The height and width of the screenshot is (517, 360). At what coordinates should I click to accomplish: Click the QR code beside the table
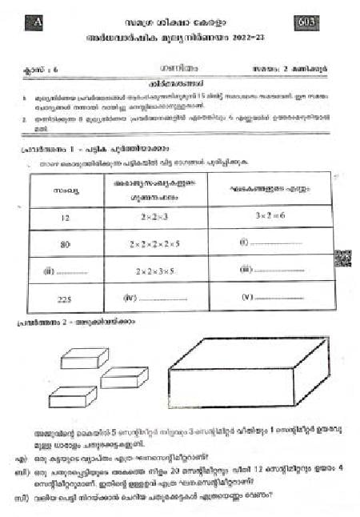(x=342, y=258)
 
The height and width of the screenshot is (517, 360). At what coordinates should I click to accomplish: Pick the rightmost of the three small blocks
(x=123, y=377)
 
